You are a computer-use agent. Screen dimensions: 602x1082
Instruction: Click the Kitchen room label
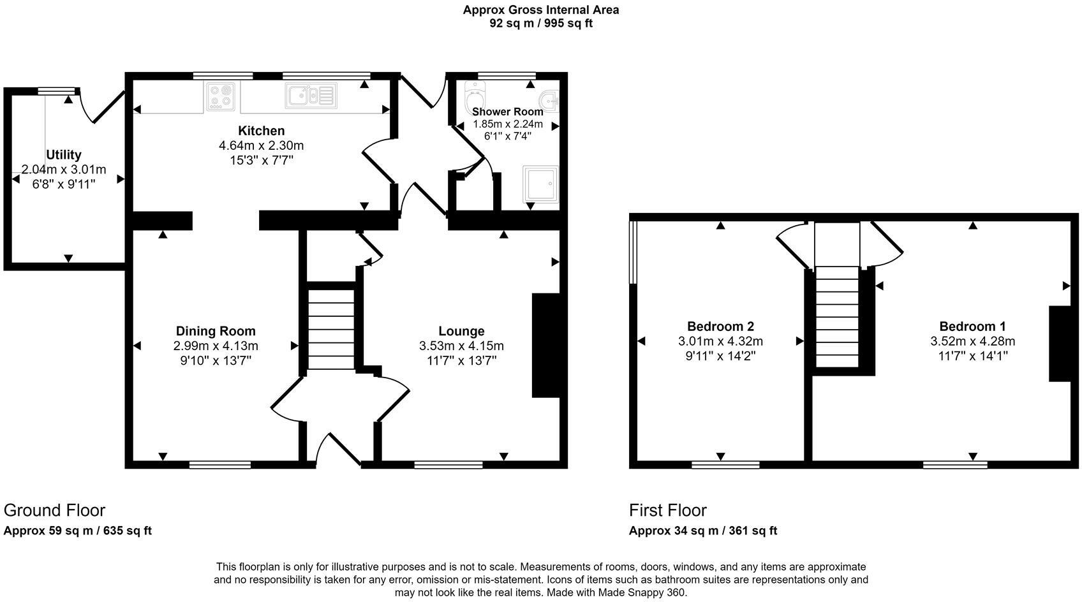(262, 131)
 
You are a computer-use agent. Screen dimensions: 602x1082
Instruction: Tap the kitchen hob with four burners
(221, 96)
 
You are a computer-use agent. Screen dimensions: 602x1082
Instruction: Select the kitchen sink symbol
(311, 96)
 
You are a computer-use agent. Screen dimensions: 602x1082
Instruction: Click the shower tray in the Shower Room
(540, 184)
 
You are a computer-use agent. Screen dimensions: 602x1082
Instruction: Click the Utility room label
(64, 155)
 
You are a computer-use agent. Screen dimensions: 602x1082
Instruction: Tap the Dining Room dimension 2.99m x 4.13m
(216, 346)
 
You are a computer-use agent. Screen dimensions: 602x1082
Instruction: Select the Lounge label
(461, 331)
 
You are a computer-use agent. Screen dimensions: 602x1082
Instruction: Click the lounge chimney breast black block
(545, 345)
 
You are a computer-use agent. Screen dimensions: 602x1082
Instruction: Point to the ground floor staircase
(331, 329)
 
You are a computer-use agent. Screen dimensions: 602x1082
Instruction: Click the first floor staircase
(837, 316)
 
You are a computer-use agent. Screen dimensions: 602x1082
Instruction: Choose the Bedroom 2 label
(720, 326)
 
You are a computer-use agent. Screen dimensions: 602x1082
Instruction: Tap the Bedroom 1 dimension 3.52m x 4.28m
(972, 341)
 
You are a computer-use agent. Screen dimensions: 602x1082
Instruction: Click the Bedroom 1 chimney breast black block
(1060, 344)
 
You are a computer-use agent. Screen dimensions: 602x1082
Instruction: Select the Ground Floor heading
(54, 510)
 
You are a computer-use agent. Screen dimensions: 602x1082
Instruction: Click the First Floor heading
(667, 510)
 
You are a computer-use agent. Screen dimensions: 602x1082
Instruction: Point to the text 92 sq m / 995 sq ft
(541, 24)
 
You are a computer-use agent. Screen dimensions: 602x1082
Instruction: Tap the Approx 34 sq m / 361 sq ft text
(702, 531)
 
